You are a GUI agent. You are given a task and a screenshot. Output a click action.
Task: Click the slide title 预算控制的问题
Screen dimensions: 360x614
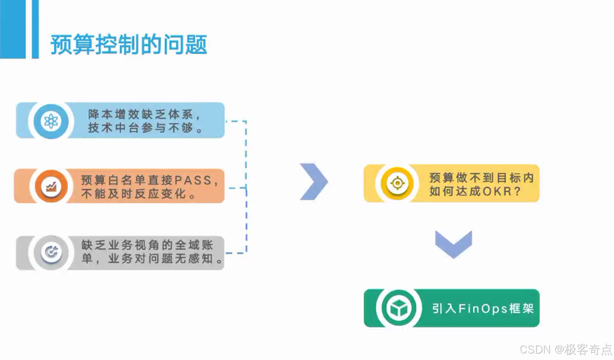coord(129,45)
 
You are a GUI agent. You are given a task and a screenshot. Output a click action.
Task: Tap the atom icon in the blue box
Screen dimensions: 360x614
coord(51,121)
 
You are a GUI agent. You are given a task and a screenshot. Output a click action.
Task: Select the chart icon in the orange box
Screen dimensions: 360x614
coord(51,186)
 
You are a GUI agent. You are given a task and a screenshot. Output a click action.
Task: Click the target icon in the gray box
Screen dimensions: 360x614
coord(51,252)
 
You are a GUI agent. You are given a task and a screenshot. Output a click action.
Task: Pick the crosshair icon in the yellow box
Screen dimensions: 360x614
coord(397,183)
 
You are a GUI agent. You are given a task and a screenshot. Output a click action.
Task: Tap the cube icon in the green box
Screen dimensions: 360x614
coord(399,308)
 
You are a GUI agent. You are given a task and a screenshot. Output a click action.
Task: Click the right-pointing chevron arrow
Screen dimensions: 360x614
coord(314,182)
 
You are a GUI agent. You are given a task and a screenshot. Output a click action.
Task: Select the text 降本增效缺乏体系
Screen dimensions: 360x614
coord(141,114)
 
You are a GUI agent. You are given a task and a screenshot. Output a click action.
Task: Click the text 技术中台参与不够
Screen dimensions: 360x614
coord(141,128)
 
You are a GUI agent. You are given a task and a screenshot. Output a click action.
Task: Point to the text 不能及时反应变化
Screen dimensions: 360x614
coord(134,194)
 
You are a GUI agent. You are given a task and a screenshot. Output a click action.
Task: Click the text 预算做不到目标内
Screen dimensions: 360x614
coord(481,177)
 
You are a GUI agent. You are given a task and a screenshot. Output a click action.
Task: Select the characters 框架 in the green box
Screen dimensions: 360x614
coord(522,308)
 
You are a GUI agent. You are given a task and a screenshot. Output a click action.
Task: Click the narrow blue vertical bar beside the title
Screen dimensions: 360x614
coord(35,29)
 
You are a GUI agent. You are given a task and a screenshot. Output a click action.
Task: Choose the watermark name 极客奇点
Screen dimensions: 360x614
coord(588,349)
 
